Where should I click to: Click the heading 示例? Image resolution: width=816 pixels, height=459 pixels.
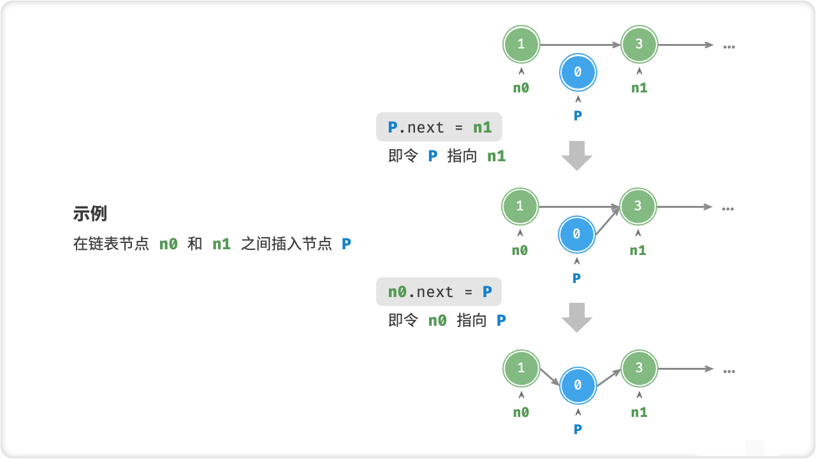(90, 214)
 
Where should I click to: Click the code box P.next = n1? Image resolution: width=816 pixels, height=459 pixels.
(439, 127)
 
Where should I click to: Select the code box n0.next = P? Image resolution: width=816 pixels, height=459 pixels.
(439, 292)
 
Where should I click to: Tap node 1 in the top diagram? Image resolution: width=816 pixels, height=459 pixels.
(521, 45)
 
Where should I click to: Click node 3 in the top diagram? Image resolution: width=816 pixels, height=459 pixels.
(639, 45)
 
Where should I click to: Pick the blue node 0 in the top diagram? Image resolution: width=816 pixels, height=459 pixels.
(578, 73)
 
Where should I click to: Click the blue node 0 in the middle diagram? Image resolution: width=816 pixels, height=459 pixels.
(576, 235)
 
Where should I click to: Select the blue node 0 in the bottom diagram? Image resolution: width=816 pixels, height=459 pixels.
(578, 386)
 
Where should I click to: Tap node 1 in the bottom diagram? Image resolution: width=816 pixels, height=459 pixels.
(521, 368)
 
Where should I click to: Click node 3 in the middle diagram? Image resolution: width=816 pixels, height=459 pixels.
(638, 207)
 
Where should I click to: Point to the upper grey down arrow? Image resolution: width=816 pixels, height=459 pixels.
(577, 155)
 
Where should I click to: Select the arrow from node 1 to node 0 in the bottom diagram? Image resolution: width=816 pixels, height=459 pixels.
(549, 377)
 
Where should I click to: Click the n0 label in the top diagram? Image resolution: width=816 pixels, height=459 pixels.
(521, 89)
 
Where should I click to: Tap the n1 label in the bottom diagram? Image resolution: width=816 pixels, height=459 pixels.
(639, 412)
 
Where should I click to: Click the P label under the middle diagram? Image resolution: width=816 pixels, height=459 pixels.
(576, 278)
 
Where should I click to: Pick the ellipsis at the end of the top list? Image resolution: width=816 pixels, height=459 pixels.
(729, 46)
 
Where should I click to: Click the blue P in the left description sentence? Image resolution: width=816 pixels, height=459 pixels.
(346, 244)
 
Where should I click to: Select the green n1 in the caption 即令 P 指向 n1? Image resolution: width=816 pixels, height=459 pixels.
(496, 156)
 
